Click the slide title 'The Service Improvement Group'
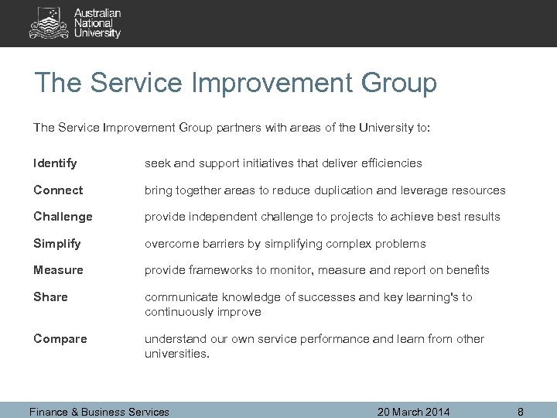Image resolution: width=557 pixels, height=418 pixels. (x=236, y=83)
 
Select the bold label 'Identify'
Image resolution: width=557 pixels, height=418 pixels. (x=55, y=163)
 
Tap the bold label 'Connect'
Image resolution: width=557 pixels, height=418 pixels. (x=58, y=190)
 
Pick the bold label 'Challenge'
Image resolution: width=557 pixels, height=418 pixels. (x=63, y=217)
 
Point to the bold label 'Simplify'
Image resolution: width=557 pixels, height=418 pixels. (x=57, y=244)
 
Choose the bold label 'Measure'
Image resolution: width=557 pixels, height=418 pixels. (x=59, y=270)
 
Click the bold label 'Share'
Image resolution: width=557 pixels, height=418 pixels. (x=51, y=297)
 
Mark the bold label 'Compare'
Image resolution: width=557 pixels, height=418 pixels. (x=60, y=338)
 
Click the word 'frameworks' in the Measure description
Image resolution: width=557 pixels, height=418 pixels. (x=217, y=270)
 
